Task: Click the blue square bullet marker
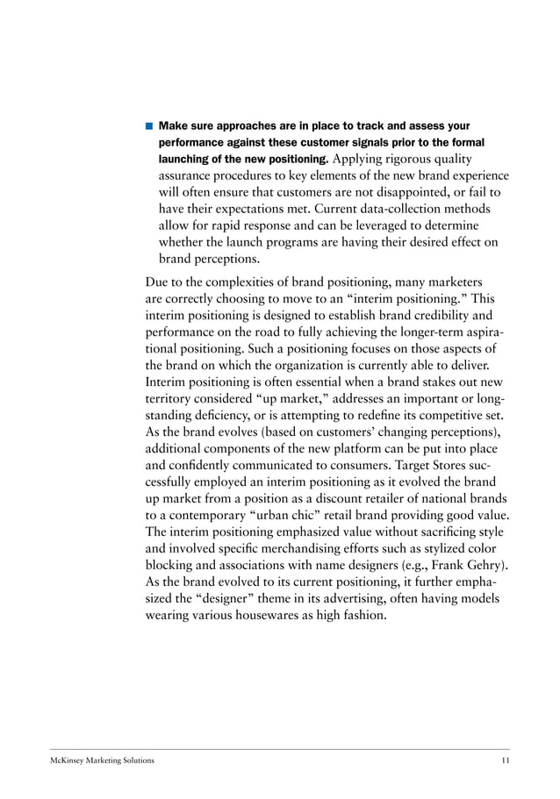coord(149,126)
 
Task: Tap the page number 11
coord(504,760)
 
